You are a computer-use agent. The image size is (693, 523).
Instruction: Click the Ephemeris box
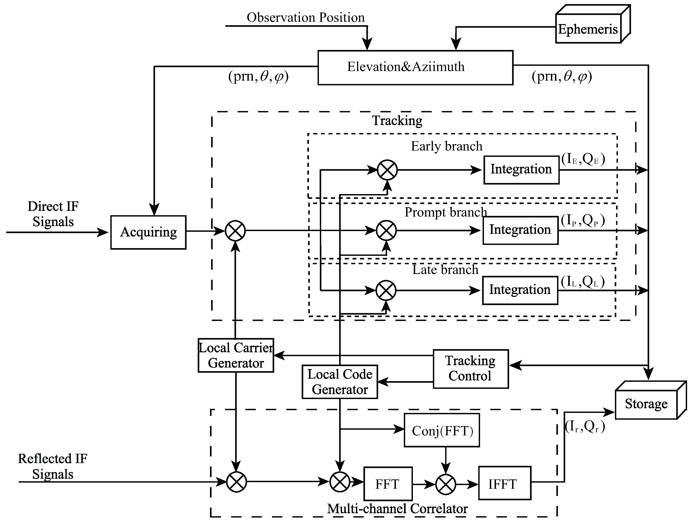pyautogui.click(x=588, y=29)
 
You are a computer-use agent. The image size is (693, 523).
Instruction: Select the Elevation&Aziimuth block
pyautogui.click(x=415, y=67)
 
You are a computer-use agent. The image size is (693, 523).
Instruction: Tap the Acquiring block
pyautogui.click(x=148, y=232)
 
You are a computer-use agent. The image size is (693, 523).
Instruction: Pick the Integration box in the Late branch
pyautogui.click(x=520, y=290)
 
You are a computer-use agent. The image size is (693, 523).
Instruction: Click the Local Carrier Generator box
pyautogui.click(x=236, y=355)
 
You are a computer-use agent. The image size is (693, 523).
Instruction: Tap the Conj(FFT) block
pyautogui.click(x=442, y=430)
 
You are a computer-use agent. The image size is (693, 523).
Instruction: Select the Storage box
pyautogui.click(x=646, y=404)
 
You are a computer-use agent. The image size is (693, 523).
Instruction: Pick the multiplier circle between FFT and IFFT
pyautogui.click(x=445, y=484)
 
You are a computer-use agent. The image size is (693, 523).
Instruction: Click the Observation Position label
pyautogui.click(x=306, y=17)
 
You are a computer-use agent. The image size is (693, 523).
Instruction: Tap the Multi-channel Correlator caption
pyautogui.click(x=397, y=508)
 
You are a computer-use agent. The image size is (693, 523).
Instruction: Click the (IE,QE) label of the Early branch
pyautogui.click(x=583, y=159)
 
